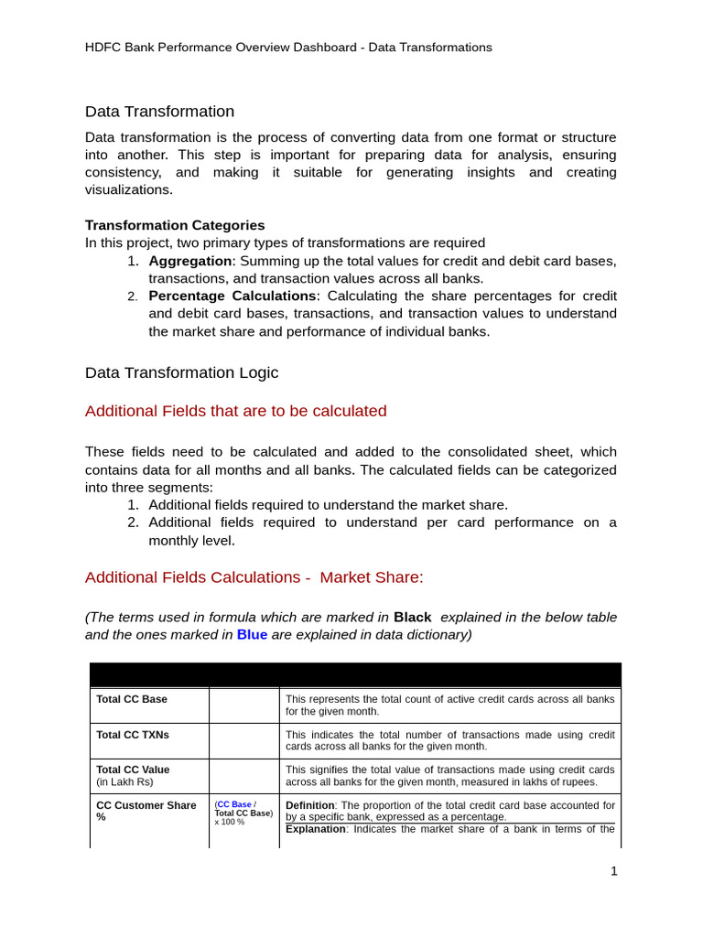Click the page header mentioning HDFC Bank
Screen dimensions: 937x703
(x=288, y=48)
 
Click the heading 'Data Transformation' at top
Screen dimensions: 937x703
(x=159, y=112)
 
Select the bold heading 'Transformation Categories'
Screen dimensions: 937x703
(x=175, y=225)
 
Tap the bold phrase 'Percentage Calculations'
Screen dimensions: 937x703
(x=232, y=296)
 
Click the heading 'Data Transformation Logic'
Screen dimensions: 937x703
(x=181, y=373)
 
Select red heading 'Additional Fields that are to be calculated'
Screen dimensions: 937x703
(x=235, y=412)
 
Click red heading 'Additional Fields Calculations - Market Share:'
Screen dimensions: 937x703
(x=254, y=577)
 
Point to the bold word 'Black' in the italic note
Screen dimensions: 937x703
(x=412, y=618)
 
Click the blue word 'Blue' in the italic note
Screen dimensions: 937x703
(x=252, y=635)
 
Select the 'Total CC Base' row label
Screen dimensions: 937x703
(x=132, y=699)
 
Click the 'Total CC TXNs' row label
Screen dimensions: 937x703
(x=133, y=735)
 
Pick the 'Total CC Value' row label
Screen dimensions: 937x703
(x=133, y=770)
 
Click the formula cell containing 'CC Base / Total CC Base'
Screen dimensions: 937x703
(x=243, y=813)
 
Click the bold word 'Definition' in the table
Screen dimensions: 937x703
(x=310, y=805)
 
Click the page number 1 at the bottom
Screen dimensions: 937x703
(x=614, y=871)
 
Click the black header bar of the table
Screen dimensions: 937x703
(x=355, y=674)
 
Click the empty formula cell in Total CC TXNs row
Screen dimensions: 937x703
(x=243, y=740)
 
